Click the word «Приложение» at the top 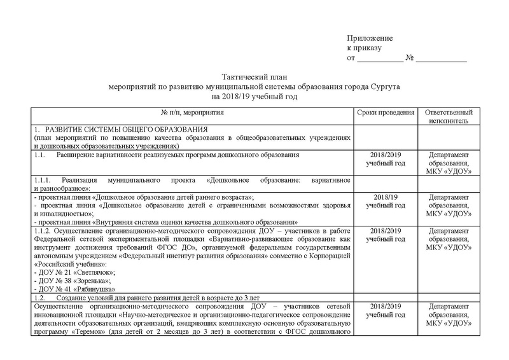[x=370, y=39]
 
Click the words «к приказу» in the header [x=363, y=48]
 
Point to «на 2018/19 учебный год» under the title [x=254, y=96]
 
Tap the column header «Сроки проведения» [x=387, y=112]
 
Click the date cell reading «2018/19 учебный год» [x=387, y=202]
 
